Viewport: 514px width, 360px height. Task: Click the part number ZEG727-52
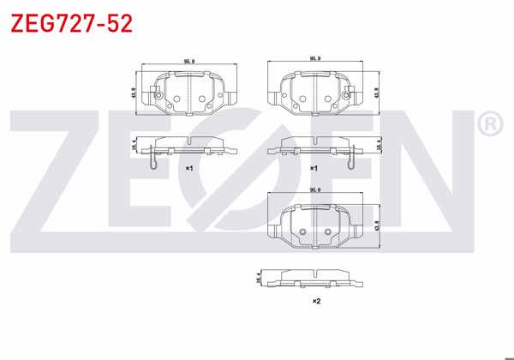click(x=71, y=23)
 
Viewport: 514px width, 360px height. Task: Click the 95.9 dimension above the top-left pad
click(x=188, y=62)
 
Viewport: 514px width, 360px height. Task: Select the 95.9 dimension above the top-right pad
click(x=316, y=58)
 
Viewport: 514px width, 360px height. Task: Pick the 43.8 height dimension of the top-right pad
click(x=377, y=91)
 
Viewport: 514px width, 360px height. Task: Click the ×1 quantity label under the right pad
click(x=314, y=168)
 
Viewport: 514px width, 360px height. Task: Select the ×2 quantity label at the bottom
click(x=316, y=301)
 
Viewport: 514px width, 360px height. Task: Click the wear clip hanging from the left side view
click(x=152, y=159)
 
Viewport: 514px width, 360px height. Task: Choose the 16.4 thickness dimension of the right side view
click(x=378, y=147)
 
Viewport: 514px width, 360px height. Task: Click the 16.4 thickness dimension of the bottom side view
click(x=259, y=278)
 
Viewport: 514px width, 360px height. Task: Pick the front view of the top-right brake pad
click(x=316, y=92)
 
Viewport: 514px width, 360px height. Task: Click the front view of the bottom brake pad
click(x=316, y=225)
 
